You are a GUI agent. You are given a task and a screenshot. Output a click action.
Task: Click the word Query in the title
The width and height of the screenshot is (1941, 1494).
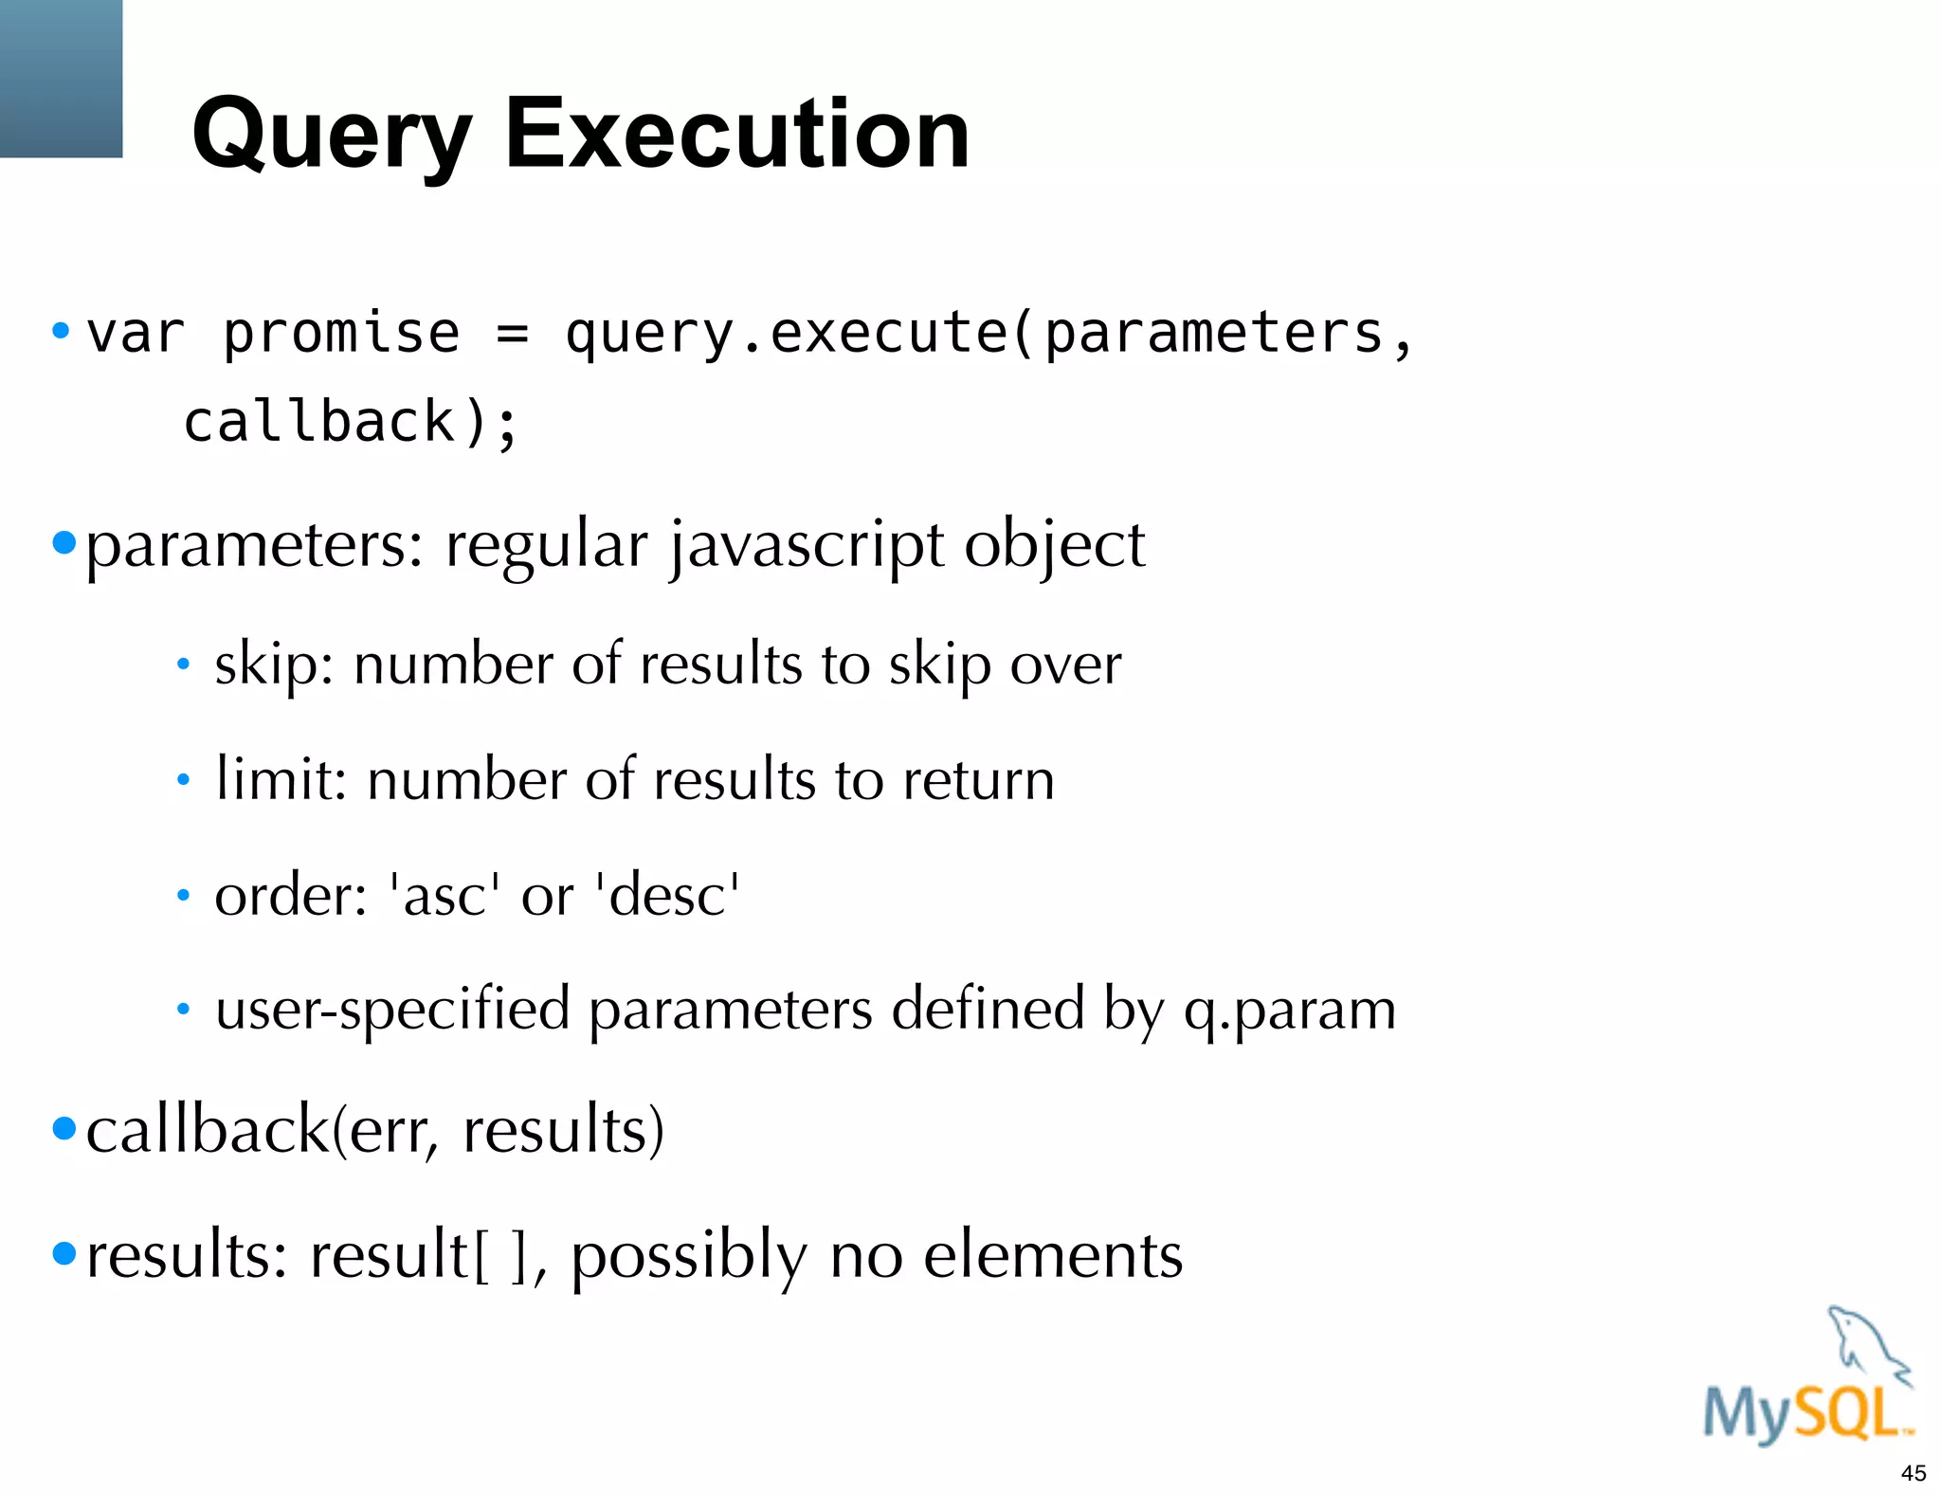(331, 135)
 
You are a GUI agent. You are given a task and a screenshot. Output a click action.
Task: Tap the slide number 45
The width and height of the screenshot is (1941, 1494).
(1913, 1473)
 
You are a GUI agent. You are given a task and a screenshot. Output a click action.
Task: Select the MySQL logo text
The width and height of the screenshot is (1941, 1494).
(1805, 1414)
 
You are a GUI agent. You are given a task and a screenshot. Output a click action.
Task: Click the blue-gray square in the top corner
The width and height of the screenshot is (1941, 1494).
(61, 78)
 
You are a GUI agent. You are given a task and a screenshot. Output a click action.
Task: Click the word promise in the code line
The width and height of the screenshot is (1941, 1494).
(341, 333)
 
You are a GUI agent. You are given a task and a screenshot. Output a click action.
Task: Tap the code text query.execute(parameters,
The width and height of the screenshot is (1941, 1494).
(989, 333)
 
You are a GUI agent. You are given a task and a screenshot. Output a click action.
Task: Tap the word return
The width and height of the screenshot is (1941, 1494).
(978, 780)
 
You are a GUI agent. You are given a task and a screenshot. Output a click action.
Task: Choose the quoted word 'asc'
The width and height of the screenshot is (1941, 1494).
(444, 894)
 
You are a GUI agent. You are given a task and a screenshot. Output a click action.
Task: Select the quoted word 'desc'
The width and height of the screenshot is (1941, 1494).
(667, 894)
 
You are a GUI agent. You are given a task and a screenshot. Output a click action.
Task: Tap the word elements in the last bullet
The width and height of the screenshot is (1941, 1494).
(1053, 1255)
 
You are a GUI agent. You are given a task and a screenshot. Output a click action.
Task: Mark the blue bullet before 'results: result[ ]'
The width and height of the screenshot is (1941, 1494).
(63, 1253)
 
